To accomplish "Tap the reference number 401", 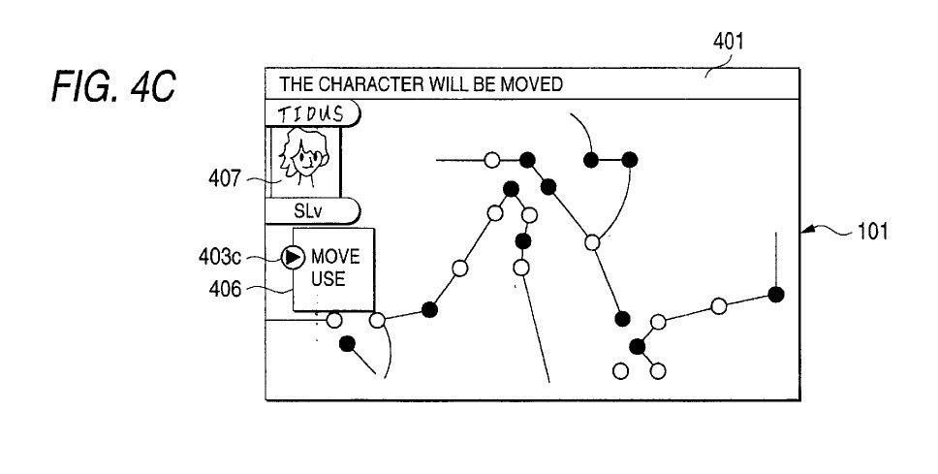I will pos(729,42).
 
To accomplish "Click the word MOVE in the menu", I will pos(335,258).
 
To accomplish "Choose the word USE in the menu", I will pos(328,280).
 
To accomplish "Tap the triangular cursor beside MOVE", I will pos(292,258).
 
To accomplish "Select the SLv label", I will pos(310,210).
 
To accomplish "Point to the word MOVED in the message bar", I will pos(535,84).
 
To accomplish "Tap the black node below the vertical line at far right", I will pos(775,294).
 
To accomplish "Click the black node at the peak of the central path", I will pos(512,190).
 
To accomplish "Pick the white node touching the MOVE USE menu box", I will pos(334,319).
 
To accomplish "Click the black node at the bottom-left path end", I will pos(347,344).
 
